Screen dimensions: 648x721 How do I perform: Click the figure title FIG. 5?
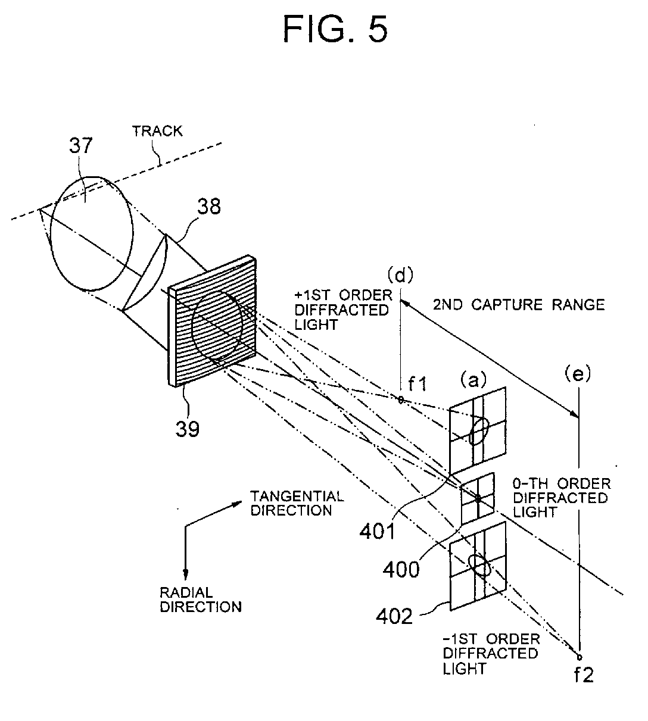(x=335, y=30)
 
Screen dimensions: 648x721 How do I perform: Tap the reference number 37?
(x=81, y=145)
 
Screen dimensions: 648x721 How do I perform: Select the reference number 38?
(x=209, y=207)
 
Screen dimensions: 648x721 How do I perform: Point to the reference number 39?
(x=187, y=429)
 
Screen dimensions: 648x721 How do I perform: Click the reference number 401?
(x=378, y=532)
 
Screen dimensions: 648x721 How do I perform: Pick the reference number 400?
(x=401, y=569)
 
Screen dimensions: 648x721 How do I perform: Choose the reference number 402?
(x=394, y=616)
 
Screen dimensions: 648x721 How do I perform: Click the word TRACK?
(x=157, y=132)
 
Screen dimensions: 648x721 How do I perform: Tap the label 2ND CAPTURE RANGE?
(x=519, y=305)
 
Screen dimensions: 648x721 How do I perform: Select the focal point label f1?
(x=418, y=384)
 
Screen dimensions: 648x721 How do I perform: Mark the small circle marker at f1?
(x=401, y=400)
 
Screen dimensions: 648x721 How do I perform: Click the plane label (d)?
(x=401, y=275)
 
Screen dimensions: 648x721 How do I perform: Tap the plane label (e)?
(x=578, y=374)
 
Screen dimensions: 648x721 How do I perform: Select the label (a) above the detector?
(x=473, y=380)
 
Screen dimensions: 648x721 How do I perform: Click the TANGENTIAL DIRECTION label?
(x=297, y=503)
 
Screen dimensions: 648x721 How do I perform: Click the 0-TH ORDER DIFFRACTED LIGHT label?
(x=562, y=498)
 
